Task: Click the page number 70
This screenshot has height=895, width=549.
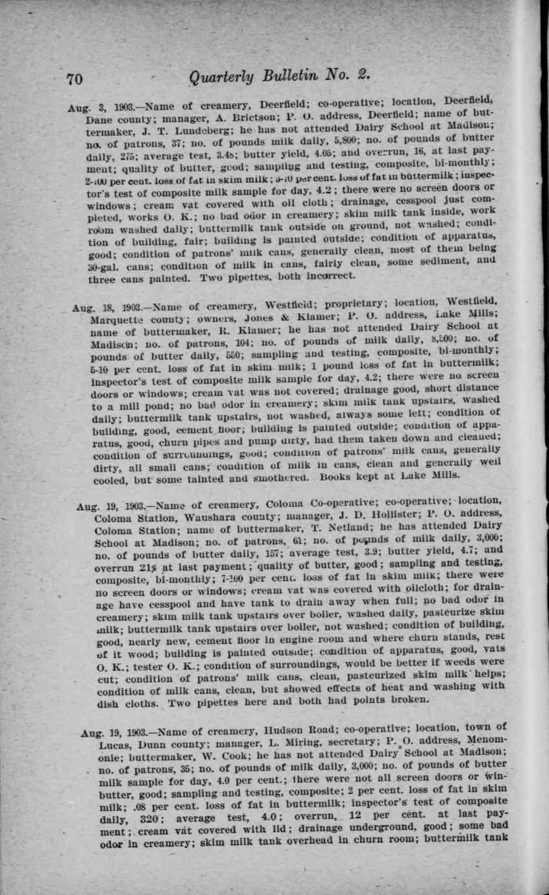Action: [75, 78]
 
